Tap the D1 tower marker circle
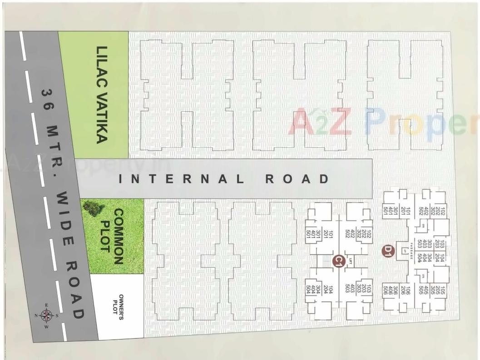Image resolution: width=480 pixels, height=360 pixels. click(x=387, y=251)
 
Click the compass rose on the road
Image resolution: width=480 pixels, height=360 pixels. click(x=47, y=315)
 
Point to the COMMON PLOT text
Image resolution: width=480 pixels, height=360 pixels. click(x=112, y=236)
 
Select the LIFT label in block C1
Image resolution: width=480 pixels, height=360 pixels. click(x=351, y=260)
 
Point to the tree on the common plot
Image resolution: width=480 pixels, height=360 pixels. click(x=93, y=209)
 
